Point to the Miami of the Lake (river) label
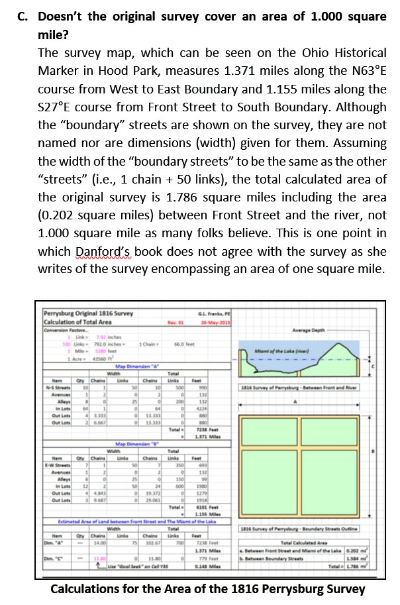[304, 351]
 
